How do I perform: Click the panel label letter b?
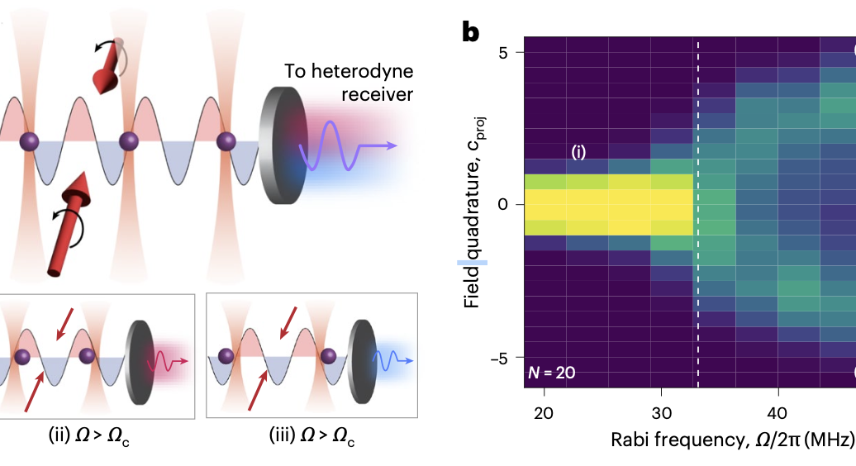click(x=471, y=33)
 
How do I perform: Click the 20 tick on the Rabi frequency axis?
click(x=544, y=412)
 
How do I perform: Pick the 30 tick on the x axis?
click(x=660, y=412)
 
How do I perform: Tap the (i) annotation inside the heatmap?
click(x=579, y=152)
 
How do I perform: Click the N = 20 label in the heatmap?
click(x=551, y=373)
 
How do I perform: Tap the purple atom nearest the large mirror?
click(x=226, y=140)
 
